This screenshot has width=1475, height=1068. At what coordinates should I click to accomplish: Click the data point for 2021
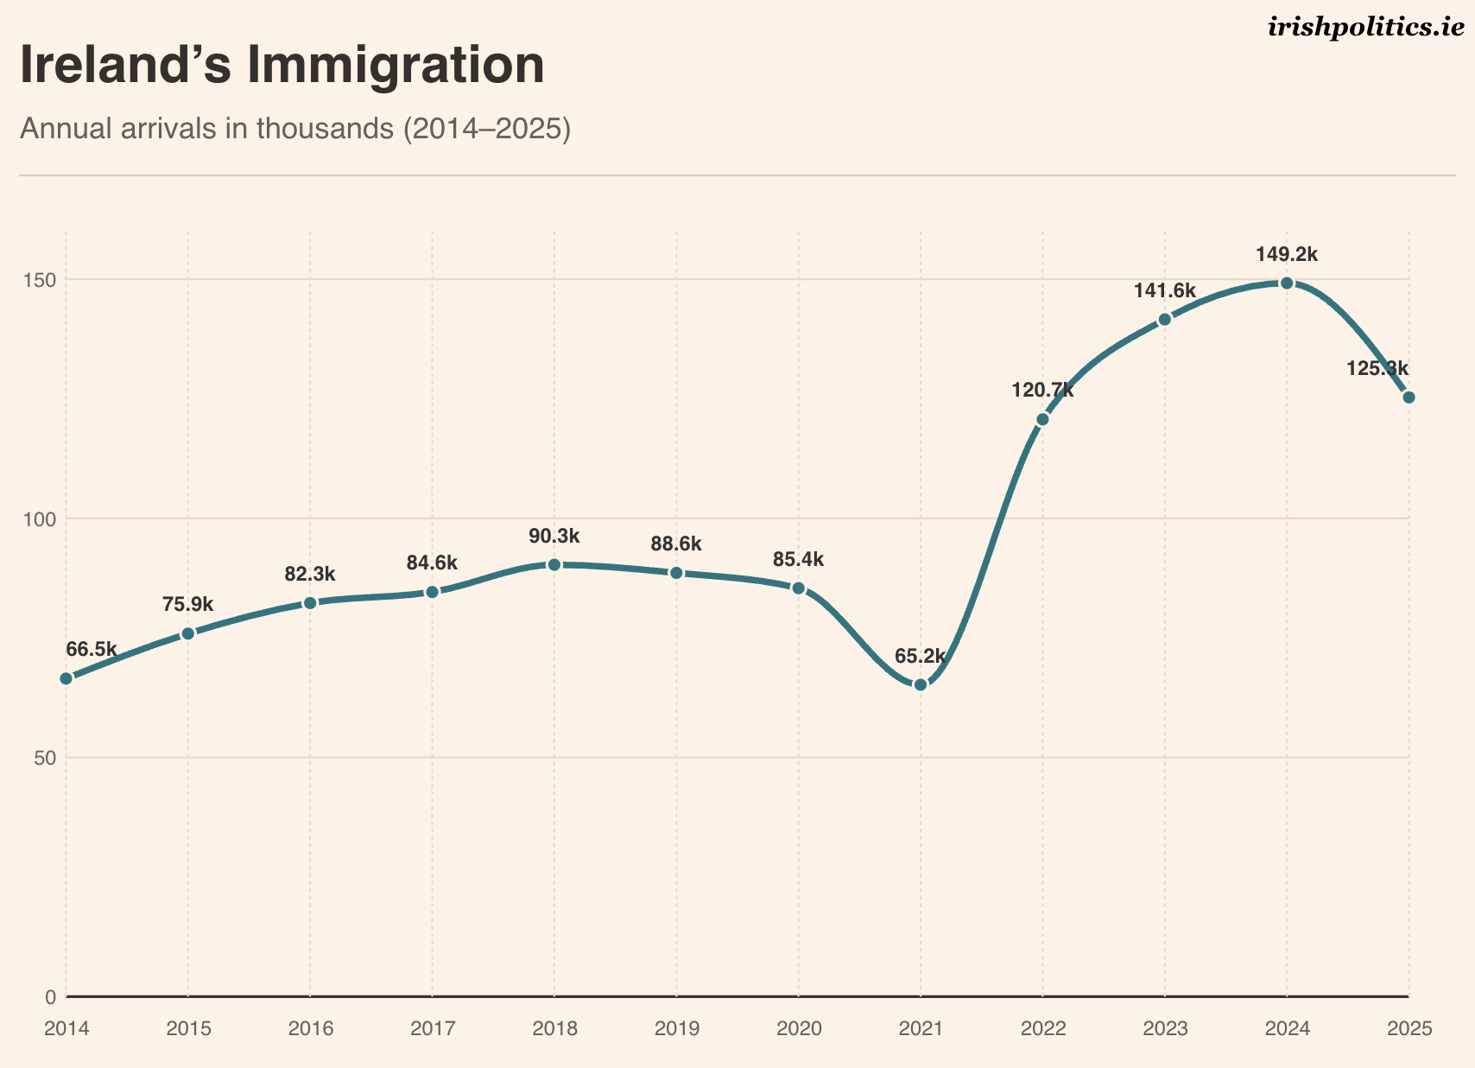[921, 684]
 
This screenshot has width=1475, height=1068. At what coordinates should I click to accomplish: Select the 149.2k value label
[1287, 255]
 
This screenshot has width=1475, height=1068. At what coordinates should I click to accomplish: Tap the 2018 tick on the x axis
[554, 1028]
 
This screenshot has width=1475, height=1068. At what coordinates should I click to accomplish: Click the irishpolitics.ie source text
[1366, 29]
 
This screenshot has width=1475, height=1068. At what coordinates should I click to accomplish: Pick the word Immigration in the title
[396, 66]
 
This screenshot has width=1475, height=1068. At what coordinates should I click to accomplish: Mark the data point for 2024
[1287, 283]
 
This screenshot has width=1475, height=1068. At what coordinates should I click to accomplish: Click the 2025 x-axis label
[1409, 1028]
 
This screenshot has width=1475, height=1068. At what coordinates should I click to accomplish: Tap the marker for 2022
[1042, 419]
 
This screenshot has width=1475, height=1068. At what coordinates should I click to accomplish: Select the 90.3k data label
[554, 537]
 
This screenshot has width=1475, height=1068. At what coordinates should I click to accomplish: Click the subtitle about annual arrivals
[295, 130]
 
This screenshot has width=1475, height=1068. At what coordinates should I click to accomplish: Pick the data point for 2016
[310, 602]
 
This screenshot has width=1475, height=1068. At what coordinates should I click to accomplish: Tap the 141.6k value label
[1165, 291]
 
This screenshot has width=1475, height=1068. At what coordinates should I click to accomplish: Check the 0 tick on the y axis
[50, 997]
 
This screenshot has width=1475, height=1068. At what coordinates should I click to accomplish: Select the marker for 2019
[676, 573]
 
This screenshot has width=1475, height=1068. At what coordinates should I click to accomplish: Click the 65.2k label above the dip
[921, 657]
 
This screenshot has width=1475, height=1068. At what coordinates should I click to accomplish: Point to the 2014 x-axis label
[66, 1028]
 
